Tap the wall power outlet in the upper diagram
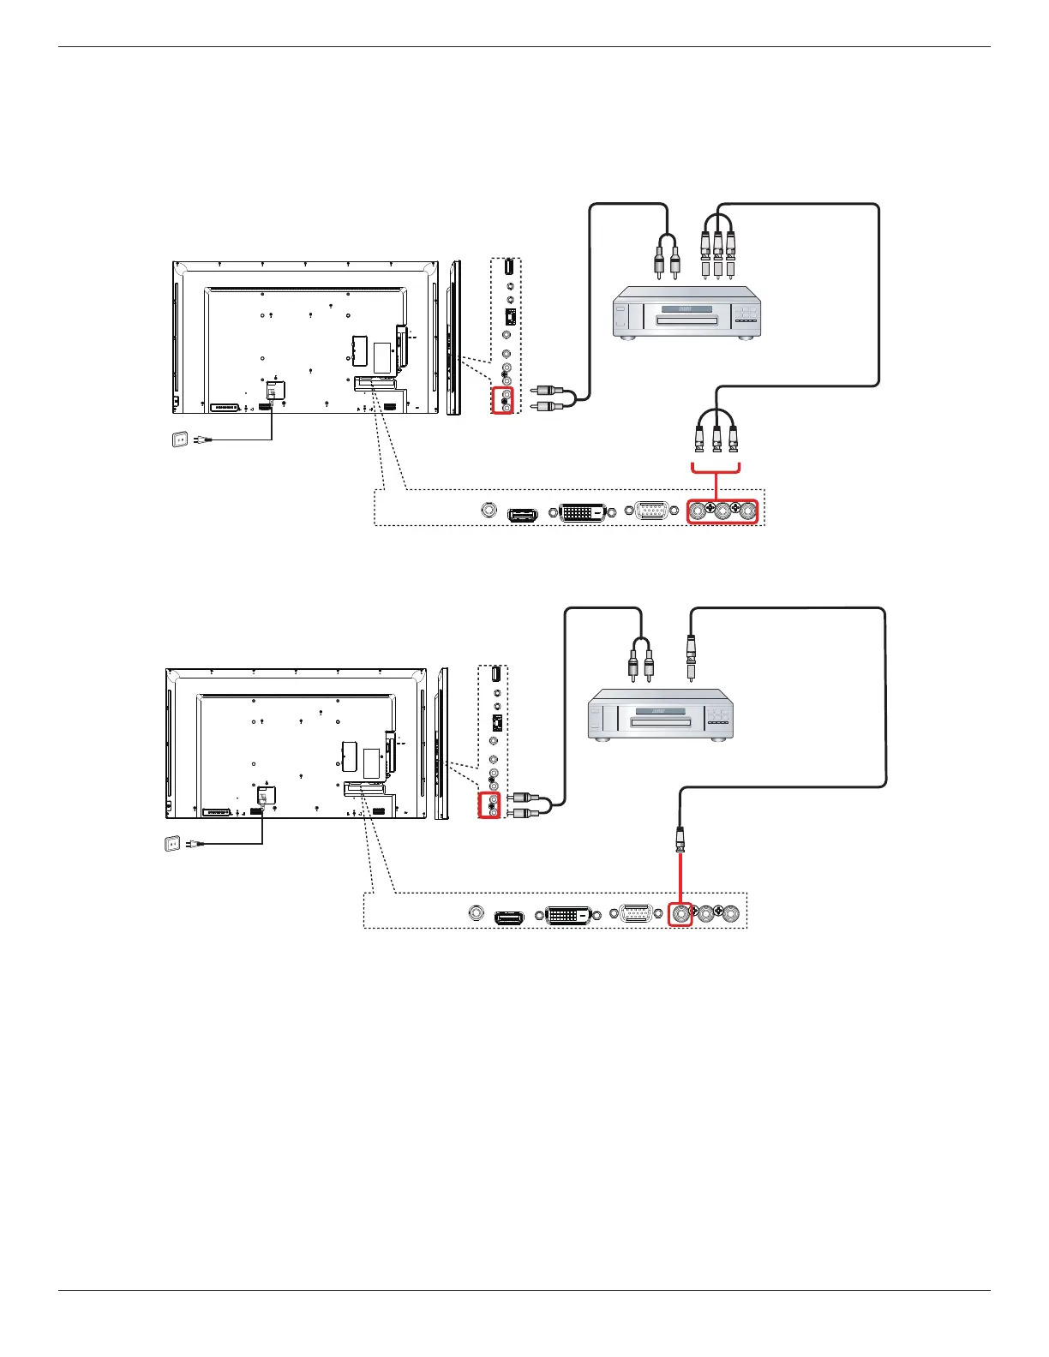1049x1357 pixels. [180, 439]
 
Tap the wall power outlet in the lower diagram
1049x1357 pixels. [171, 844]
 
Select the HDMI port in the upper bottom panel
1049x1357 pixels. [522, 515]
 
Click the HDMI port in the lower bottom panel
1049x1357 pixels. [509, 918]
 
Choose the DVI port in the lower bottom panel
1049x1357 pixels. [566, 915]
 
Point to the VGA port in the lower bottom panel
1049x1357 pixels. [634, 915]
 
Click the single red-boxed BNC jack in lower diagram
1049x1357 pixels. [680, 914]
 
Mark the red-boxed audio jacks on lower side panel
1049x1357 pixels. [489, 805]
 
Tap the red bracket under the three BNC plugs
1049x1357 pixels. [716, 468]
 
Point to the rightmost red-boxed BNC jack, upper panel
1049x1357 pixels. [748, 511]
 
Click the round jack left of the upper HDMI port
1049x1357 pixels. [489, 511]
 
